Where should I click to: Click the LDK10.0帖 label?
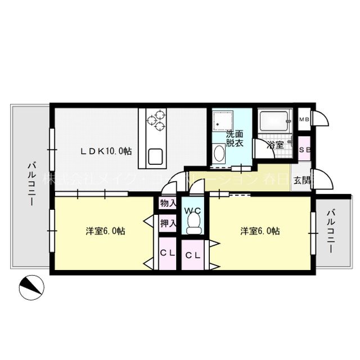[106, 151]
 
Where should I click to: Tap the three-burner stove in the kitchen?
[156, 119]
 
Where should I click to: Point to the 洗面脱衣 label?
[235, 139]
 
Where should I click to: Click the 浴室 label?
[275, 145]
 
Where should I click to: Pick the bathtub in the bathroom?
[273, 120]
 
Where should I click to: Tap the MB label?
[304, 119]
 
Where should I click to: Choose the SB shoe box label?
[304, 150]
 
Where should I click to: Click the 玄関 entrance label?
[301, 181]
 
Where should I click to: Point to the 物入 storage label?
[167, 202]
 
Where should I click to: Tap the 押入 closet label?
[167, 223]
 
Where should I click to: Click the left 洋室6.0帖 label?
[105, 231]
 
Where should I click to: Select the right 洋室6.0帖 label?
[260, 231]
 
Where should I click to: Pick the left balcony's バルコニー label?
[32, 183]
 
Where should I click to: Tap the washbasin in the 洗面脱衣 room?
[218, 154]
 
